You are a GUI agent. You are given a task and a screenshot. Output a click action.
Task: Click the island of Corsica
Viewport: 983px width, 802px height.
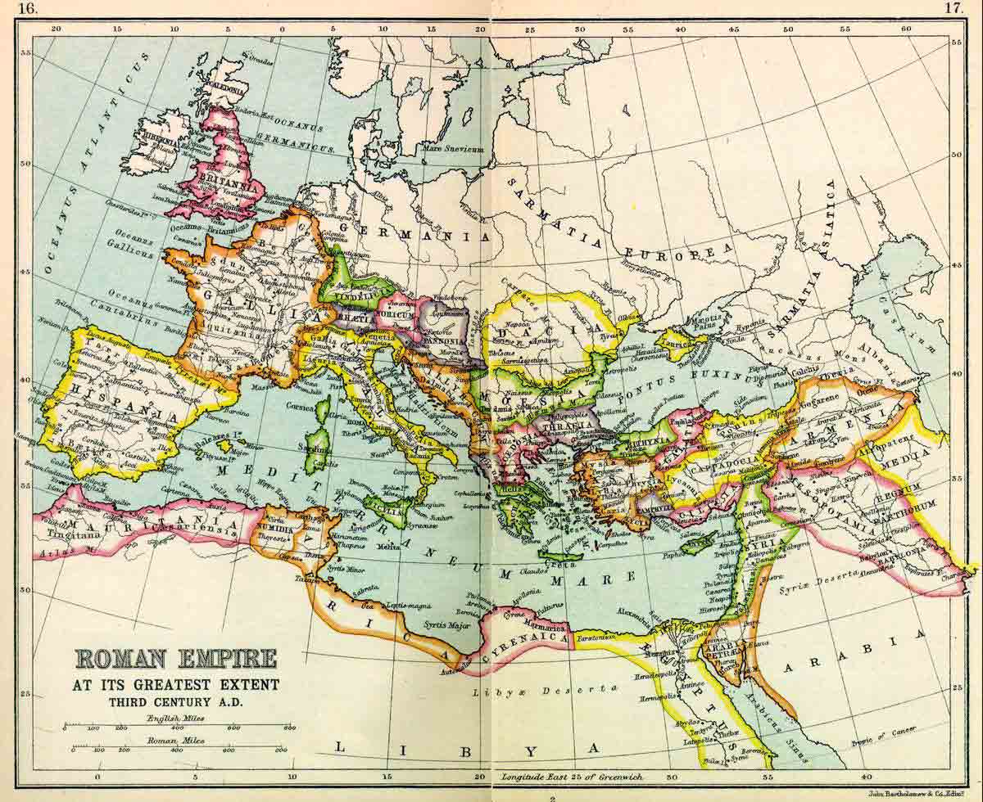322,409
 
